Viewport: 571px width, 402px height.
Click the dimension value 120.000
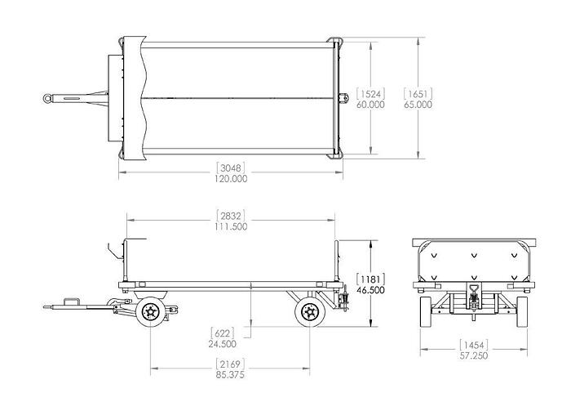pos(230,178)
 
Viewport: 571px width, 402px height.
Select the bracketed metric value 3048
pos(230,167)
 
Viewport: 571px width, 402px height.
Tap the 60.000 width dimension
pos(370,105)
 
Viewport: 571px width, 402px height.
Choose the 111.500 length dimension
pos(231,226)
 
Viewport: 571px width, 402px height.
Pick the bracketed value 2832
pos(231,215)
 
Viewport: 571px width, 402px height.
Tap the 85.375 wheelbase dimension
pos(231,374)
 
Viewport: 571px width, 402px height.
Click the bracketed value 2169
pos(231,363)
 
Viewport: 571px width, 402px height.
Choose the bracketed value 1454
pos(472,345)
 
